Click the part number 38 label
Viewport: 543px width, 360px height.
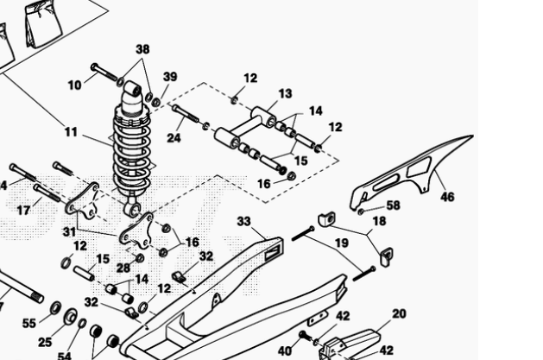[x=142, y=49]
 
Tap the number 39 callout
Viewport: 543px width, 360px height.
[x=170, y=77]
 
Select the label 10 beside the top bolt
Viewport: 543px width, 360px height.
[x=75, y=85]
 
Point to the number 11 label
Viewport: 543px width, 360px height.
[x=71, y=132]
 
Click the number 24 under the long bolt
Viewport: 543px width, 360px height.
[x=174, y=136]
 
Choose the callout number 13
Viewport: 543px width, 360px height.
[x=286, y=93]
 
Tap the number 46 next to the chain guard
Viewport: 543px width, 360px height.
[x=447, y=197]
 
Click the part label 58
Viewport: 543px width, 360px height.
[x=393, y=205]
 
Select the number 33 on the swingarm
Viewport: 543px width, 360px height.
[x=244, y=221]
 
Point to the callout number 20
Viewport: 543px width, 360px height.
[x=399, y=314]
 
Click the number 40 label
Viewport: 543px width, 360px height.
[x=285, y=351]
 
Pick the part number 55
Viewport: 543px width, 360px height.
[x=29, y=323]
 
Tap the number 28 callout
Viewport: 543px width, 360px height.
[x=123, y=268]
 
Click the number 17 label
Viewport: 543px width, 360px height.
[x=23, y=209]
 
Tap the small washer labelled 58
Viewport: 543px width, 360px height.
[x=361, y=210]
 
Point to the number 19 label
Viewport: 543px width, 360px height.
[x=342, y=243]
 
